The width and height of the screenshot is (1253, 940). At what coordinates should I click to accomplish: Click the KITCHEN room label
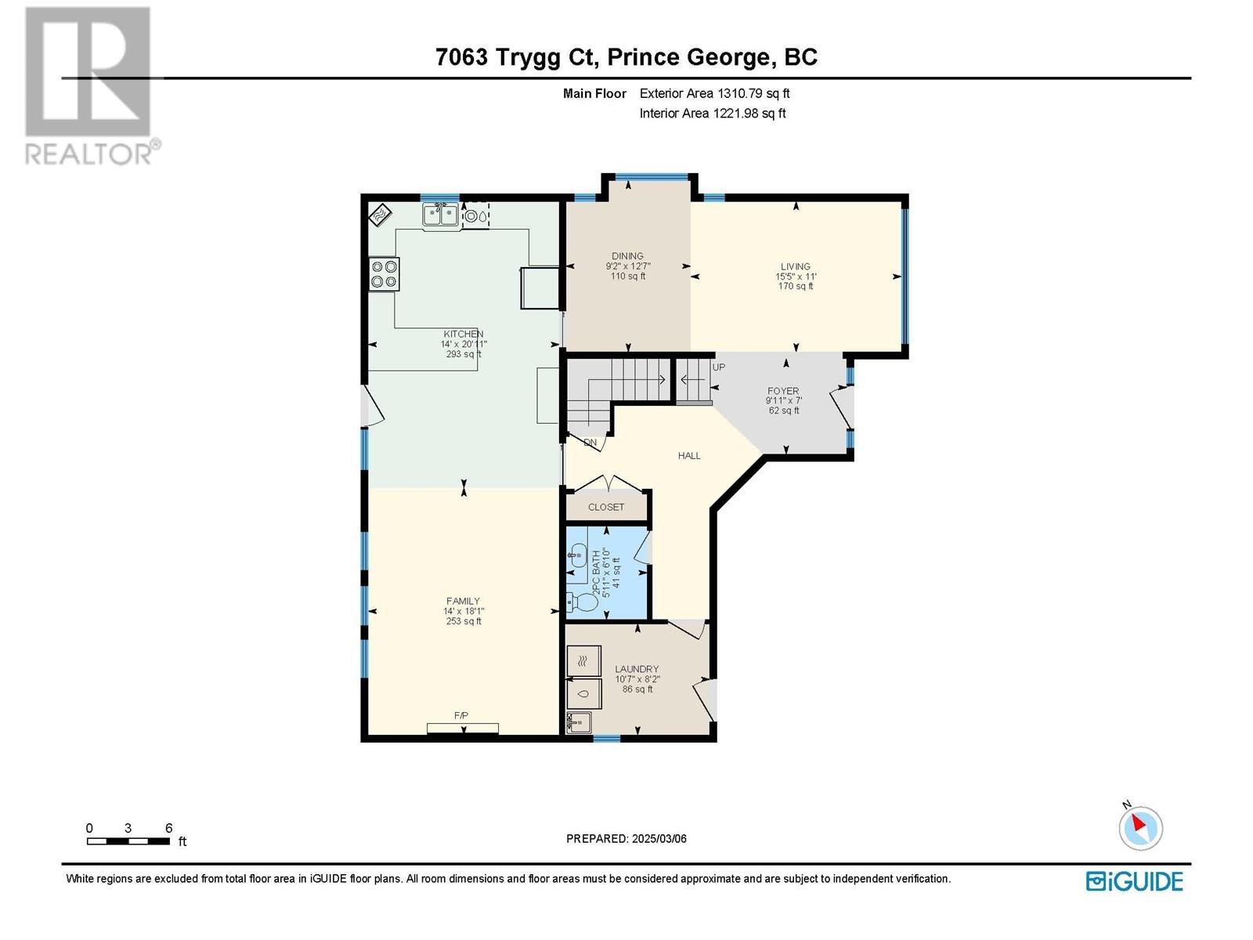(464, 334)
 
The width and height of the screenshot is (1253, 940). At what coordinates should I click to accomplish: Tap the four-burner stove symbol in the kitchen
(385, 274)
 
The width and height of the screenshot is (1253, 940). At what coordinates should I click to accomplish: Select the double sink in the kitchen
(441, 214)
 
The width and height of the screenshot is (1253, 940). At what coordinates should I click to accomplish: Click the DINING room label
(627, 256)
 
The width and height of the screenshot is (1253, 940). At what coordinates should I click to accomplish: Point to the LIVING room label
(795, 266)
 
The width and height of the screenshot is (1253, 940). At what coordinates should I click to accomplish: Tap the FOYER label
(783, 391)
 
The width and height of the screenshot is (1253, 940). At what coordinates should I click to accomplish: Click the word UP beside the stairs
(718, 367)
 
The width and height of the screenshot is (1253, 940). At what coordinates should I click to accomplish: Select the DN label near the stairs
(590, 443)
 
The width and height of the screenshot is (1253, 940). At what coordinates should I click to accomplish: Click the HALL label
(689, 455)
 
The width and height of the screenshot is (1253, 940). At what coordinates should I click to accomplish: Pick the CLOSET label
(606, 507)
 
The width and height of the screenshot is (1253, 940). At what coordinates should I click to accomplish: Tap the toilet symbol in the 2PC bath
(580, 604)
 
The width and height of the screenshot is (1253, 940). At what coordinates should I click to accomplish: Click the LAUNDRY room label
(636, 669)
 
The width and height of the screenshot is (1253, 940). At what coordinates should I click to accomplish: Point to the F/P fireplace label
(460, 716)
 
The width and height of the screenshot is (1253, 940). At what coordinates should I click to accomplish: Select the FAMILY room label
(463, 602)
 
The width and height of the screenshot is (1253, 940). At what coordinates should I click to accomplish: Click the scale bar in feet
(128, 841)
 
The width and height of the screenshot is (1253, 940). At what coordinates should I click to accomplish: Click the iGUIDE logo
(1134, 881)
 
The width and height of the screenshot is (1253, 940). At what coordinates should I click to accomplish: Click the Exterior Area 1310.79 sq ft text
(714, 93)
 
